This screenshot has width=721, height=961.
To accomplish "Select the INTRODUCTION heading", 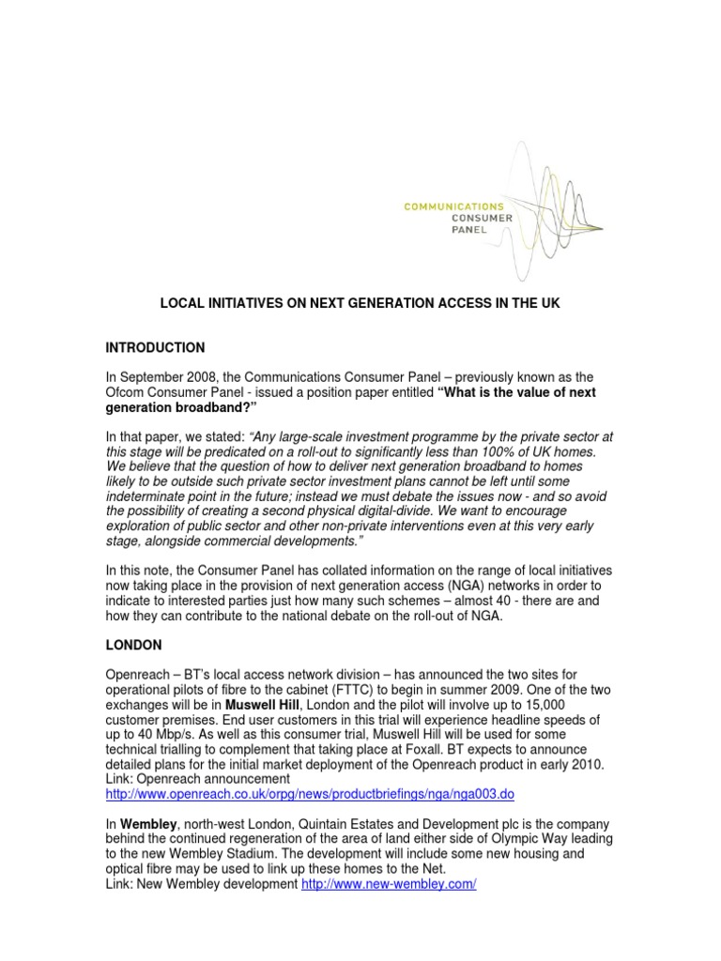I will coord(158,348).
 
